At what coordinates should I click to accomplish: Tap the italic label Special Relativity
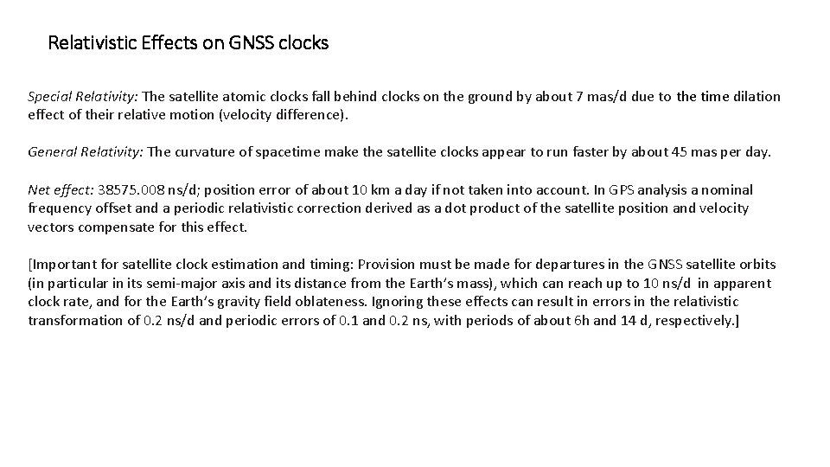point(83,97)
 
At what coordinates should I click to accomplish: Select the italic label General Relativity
point(85,152)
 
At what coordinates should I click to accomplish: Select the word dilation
point(756,97)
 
